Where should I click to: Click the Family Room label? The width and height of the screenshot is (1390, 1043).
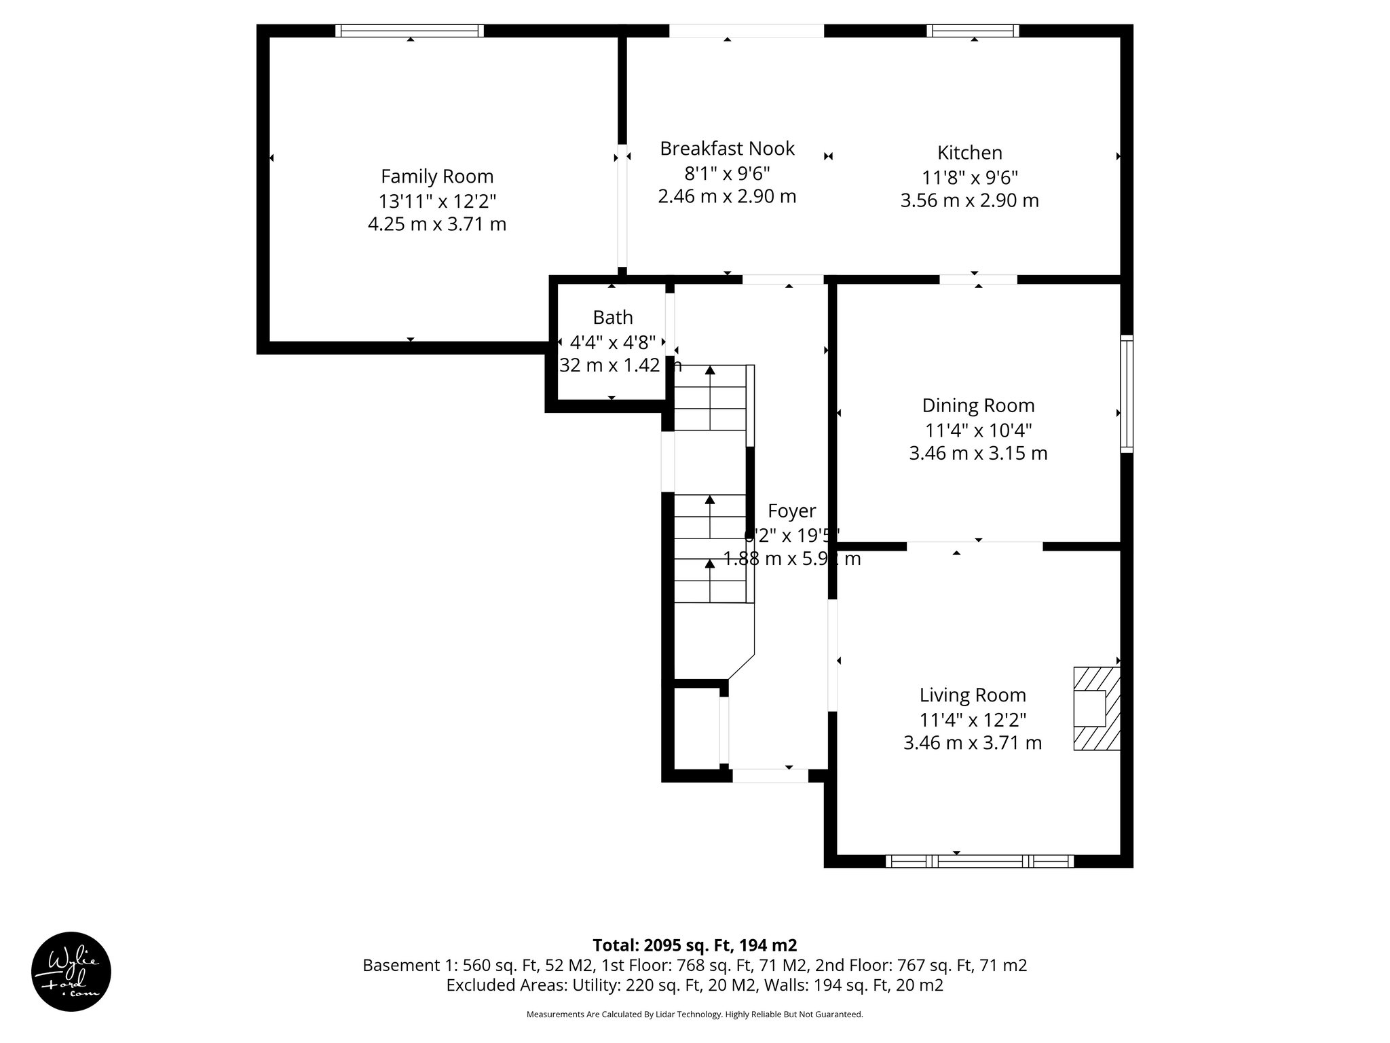click(436, 177)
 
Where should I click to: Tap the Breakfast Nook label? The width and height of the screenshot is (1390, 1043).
click(727, 149)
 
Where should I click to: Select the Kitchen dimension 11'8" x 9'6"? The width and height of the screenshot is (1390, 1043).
click(969, 177)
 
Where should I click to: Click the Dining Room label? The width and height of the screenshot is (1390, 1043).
click(978, 405)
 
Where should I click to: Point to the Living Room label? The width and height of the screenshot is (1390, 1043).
click(972, 695)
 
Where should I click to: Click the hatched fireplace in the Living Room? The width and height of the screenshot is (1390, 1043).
click(1095, 709)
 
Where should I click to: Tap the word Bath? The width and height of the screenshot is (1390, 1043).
click(612, 317)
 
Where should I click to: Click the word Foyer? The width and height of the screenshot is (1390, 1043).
click(791, 511)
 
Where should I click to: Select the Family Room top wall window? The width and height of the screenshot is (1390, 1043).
click(410, 31)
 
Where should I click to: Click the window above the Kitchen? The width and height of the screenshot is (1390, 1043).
click(973, 31)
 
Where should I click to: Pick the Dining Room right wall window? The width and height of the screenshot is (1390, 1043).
click(1126, 393)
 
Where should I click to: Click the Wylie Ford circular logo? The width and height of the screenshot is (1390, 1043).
click(71, 971)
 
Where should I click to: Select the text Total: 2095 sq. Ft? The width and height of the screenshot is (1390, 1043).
click(694, 945)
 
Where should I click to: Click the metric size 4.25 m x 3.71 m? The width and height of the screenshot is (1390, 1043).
click(436, 224)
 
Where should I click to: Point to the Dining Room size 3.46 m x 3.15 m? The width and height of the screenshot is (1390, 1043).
click(978, 453)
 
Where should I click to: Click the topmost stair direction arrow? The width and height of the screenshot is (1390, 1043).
click(710, 371)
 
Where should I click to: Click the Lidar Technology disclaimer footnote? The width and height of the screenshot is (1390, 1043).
click(694, 1014)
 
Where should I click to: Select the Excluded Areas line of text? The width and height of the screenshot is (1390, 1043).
click(694, 985)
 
